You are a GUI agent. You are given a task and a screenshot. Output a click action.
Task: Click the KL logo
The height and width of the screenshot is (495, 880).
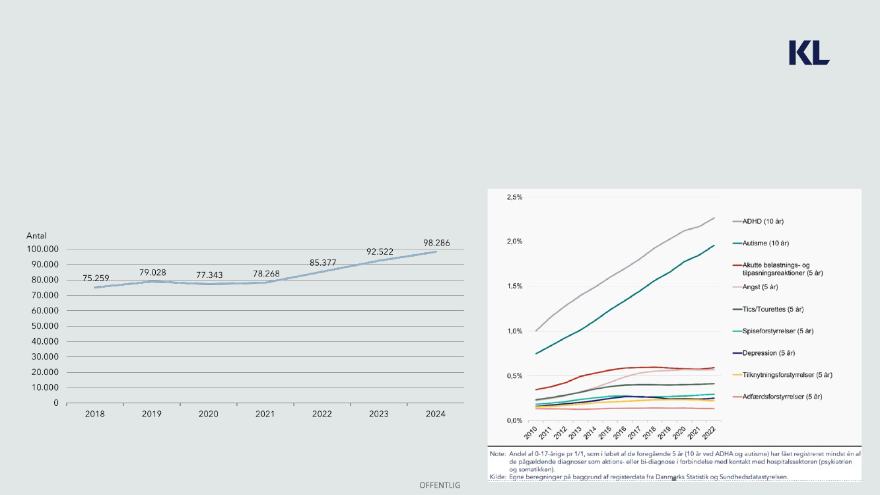pyautogui.click(x=809, y=53)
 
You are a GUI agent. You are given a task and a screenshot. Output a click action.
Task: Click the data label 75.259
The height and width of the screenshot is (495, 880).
pyautogui.click(x=96, y=279)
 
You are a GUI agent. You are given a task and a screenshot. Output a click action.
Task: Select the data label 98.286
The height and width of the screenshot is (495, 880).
pyautogui.click(x=436, y=244)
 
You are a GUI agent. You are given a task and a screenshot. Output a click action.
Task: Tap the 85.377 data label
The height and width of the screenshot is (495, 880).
pyautogui.click(x=323, y=263)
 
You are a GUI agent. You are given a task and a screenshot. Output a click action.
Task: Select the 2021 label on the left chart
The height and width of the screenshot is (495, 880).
pyautogui.click(x=265, y=414)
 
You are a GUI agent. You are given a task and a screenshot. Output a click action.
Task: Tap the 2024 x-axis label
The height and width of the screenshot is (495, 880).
pyautogui.click(x=436, y=414)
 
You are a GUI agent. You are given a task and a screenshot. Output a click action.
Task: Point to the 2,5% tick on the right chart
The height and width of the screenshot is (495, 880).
pyautogui.click(x=514, y=197)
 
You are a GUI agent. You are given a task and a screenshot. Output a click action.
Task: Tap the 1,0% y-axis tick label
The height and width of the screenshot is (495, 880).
pyautogui.click(x=514, y=331)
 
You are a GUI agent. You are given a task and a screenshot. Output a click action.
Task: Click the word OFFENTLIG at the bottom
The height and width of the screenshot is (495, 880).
pyautogui.click(x=440, y=485)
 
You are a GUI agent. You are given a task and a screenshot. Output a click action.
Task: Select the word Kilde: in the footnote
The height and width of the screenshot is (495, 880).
pyautogui.click(x=497, y=477)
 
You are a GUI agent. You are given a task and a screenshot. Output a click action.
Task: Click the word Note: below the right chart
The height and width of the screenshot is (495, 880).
pyautogui.click(x=497, y=454)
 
